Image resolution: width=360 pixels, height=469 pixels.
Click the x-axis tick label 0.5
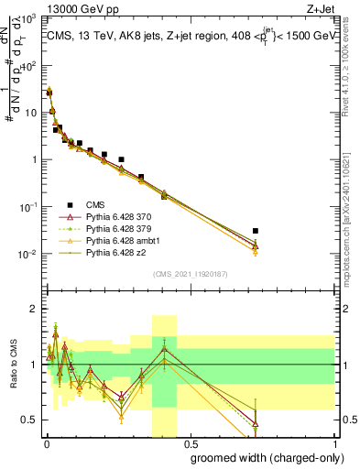190,442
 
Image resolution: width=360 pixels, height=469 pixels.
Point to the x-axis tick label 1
335,442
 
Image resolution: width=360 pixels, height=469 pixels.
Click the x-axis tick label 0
46,442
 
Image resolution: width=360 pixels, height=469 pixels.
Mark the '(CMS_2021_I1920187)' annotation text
190,272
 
